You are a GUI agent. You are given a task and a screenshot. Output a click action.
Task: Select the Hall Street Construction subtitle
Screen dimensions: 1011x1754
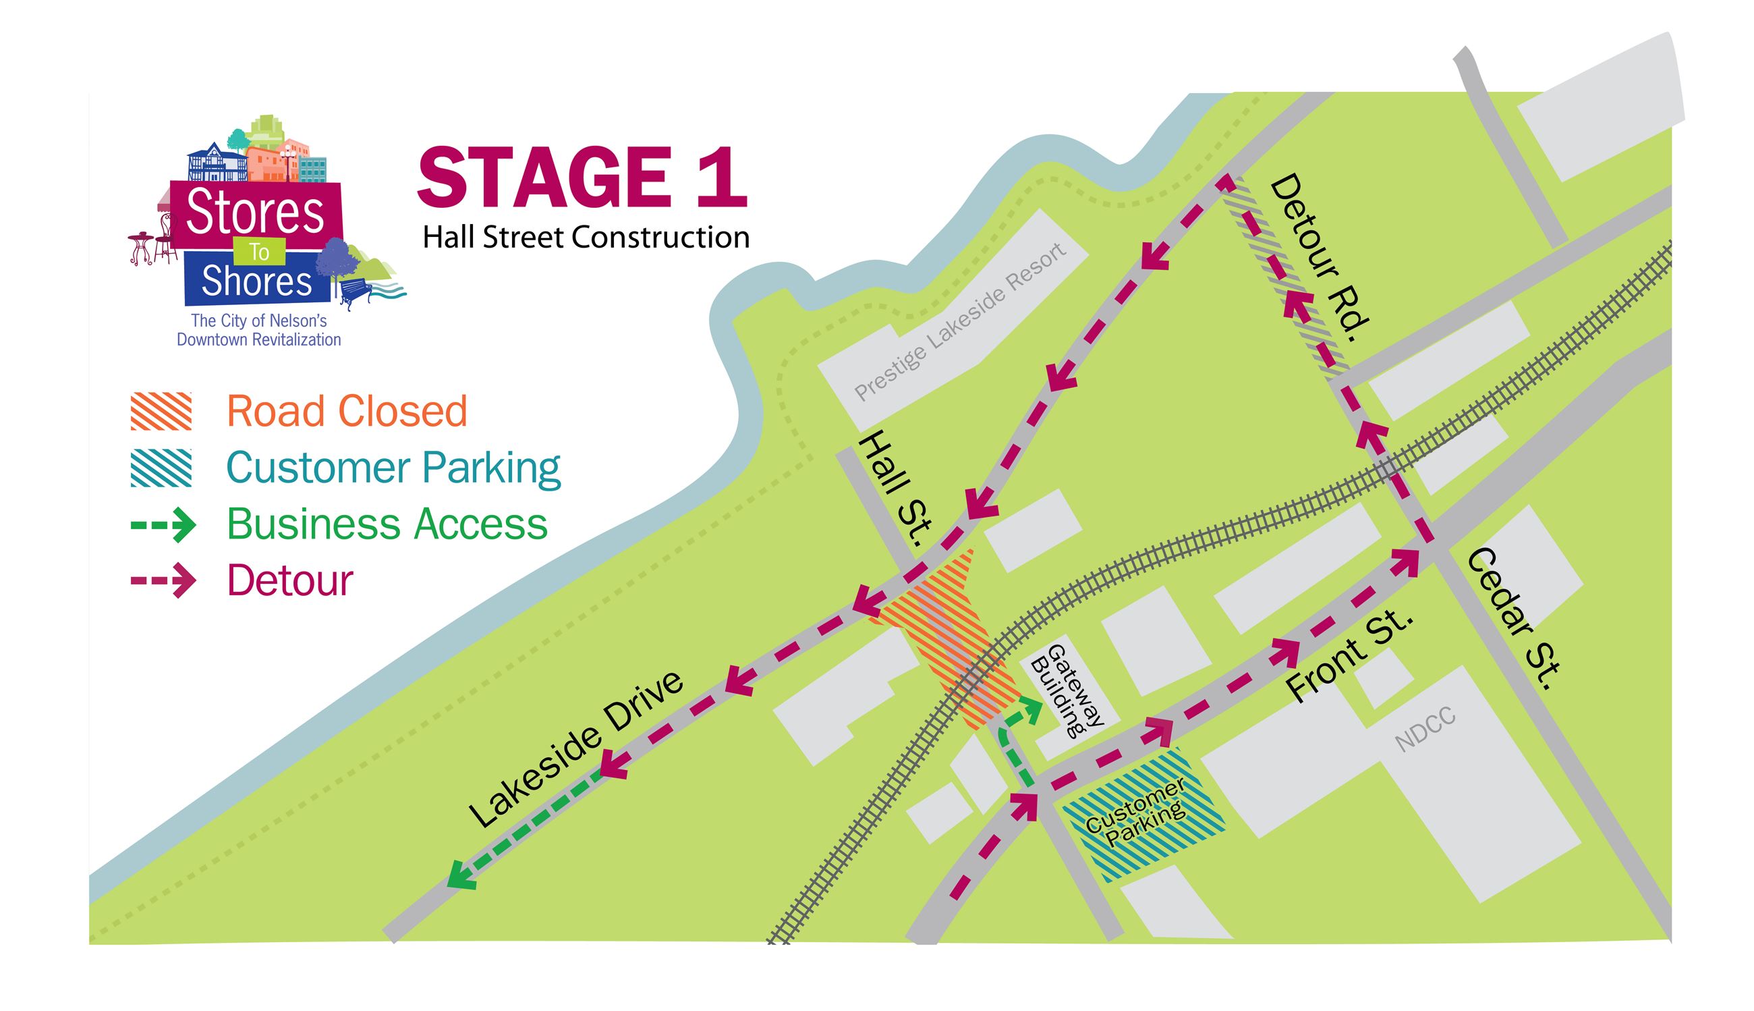click(x=586, y=238)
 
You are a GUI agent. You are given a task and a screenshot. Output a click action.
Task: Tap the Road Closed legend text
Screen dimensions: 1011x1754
click(x=347, y=411)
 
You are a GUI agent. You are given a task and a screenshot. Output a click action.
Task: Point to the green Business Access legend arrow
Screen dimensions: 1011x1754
click(x=164, y=524)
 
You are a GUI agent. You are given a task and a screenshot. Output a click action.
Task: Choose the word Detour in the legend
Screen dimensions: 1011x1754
click(x=290, y=580)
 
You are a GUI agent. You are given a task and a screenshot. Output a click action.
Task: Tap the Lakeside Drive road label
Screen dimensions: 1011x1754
click(x=576, y=749)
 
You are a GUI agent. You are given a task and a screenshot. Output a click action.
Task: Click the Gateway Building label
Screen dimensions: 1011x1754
click(x=1066, y=691)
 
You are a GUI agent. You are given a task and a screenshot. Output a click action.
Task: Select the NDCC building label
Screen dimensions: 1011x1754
click(x=1424, y=730)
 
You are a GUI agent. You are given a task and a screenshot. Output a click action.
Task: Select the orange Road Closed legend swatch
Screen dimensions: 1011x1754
click(x=161, y=411)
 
